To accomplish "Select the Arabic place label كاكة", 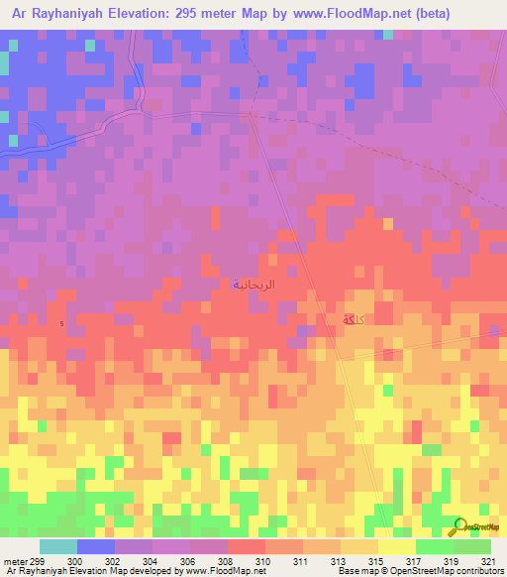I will tap(352, 320).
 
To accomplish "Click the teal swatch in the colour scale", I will tap(58, 546).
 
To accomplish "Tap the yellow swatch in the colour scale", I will tap(397, 546).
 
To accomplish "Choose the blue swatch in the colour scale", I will tap(96, 546).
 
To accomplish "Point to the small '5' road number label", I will tap(62, 324).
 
